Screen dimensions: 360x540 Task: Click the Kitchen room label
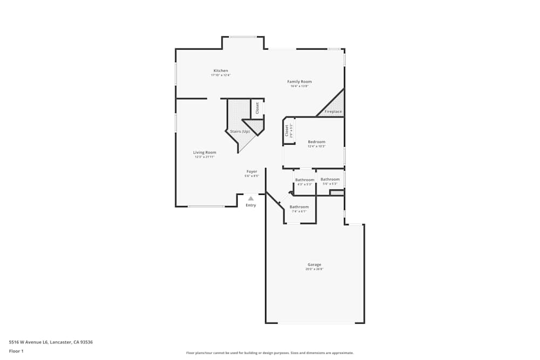click(x=220, y=71)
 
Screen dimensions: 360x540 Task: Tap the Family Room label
click(x=299, y=81)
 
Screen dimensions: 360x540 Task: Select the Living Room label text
click(x=205, y=152)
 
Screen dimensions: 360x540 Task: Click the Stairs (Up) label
click(x=240, y=131)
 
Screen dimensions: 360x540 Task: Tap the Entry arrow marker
click(x=251, y=198)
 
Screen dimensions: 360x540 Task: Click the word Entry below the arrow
click(x=251, y=205)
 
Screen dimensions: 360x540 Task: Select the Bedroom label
click(x=316, y=142)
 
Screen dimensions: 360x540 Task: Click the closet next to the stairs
click(x=257, y=107)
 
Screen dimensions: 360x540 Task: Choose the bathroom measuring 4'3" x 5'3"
click(x=305, y=180)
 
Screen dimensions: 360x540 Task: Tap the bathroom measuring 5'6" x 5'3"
click(x=330, y=179)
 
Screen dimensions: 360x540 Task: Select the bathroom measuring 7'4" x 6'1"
click(x=299, y=207)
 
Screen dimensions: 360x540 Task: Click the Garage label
click(x=314, y=264)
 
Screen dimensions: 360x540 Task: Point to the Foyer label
click(x=252, y=172)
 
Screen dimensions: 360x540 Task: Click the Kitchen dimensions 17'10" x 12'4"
click(x=220, y=76)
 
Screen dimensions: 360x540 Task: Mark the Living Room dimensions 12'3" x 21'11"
click(x=205, y=157)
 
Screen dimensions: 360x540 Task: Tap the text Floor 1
click(x=16, y=351)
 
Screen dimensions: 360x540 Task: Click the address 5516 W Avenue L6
click(x=46, y=342)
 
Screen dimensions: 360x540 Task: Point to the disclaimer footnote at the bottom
click(x=269, y=353)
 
